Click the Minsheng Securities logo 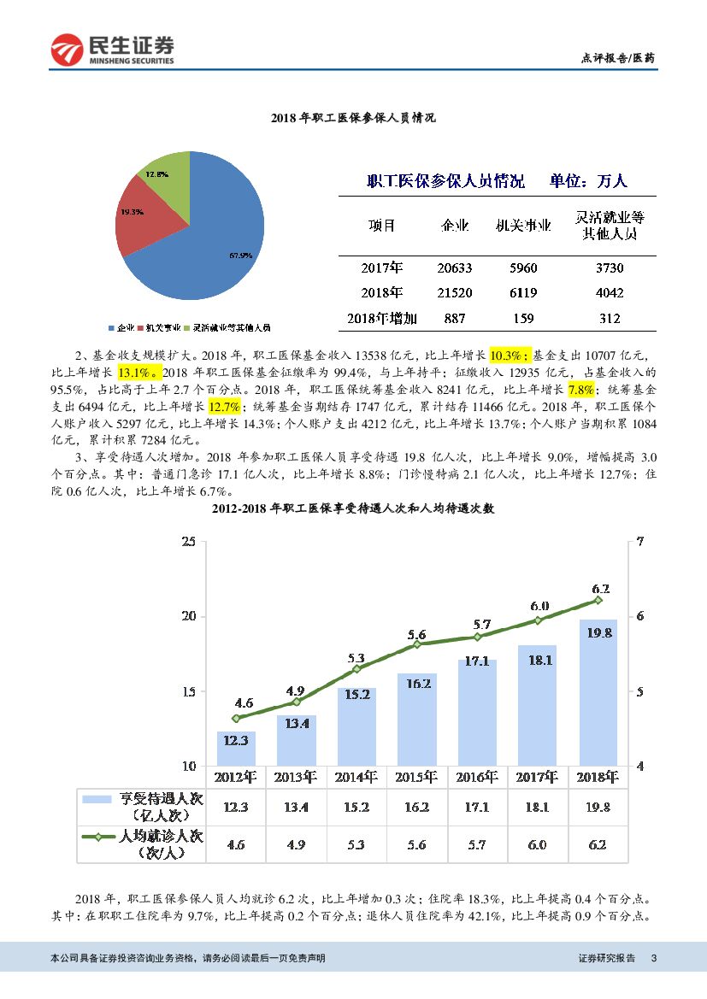(x=112, y=50)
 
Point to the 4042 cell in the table (x=610, y=293)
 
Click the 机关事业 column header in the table (x=523, y=226)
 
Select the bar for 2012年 (x=236, y=748)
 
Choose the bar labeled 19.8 (x=598, y=692)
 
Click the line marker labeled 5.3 (x=356, y=669)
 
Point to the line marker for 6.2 (x=598, y=600)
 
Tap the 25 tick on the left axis (x=189, y=542)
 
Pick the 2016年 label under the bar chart (x=477, y=777)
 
